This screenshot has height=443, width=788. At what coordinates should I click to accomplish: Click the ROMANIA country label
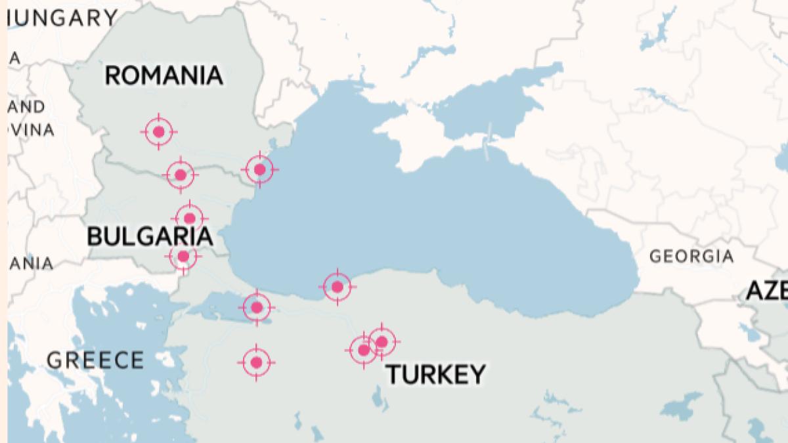[x=164, y=75]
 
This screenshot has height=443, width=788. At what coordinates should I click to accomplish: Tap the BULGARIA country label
[x=150, y=236]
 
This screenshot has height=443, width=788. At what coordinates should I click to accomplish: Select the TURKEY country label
[x=435, y=374]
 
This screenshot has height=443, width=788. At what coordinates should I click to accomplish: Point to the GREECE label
[x=95, y=360]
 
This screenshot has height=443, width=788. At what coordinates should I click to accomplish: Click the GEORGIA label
[x=691, y=256]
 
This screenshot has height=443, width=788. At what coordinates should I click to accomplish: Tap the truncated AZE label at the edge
[x=767, y=290]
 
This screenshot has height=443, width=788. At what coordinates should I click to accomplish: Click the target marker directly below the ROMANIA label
[x=158, y=132]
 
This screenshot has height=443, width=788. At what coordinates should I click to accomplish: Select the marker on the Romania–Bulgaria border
[x=181, y=175]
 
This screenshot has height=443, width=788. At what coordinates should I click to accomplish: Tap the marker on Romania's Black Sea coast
[x=259, y=169]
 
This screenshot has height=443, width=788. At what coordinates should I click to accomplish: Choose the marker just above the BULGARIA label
[x=190, y=218]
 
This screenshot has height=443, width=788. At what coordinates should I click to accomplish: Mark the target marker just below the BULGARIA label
[x=183, y=256]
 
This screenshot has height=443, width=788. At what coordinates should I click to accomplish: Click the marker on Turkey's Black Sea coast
[x=338, y=287]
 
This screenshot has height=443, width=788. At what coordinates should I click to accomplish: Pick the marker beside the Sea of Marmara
[x=257, y=307]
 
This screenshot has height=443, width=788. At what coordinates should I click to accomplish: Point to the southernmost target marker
[x=256, y=362]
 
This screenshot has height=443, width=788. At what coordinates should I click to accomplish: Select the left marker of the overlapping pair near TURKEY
[x=363, y=350]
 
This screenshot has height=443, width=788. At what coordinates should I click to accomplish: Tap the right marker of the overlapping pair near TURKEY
[x=382, y=341]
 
